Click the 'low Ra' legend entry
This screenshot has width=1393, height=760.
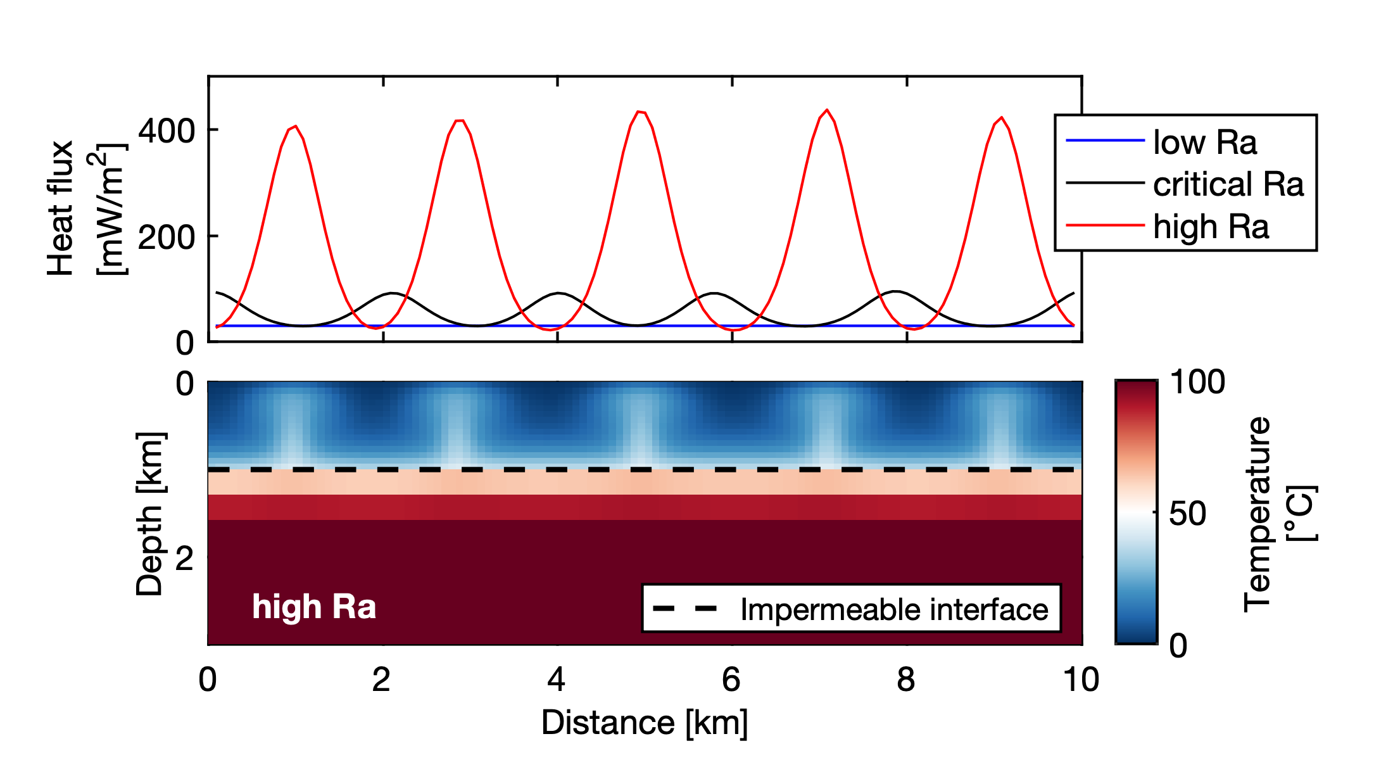pyautogui.click(x=1204, y=142)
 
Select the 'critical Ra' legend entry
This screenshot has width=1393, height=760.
pyautogui.click(x=1228, y=184)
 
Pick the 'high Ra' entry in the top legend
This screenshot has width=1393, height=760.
pyautogui.click(x=1211, y=227)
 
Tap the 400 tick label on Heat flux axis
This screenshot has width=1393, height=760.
pyautogui.click(x=167, y=131)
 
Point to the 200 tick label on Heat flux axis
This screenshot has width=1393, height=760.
pyautogui.click(x=167, y=237)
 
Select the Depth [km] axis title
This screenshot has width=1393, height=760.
pyautogui.click(x=151, y=514)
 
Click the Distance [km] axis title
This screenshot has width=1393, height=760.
pyautogui.click(x=645, y=723)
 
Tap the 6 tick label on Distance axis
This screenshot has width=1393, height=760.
pyautogui.click(x=731, y=680)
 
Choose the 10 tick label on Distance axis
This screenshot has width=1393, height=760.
pyautogui.click(x=1081, y=680)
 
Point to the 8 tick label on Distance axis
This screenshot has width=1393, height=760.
pyautogui.click(x=906, y=680)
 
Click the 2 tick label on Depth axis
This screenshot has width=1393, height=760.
pyautogui.click(x=184, y=559)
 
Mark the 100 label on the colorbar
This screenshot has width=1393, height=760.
pyautogui.click(x=1197, y=382)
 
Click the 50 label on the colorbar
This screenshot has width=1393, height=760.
pyautogui.click(x=1187, y=514)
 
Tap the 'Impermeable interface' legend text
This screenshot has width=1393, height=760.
pyautogui.click(x=894, y=609)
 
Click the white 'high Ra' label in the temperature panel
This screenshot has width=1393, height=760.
pyautogui.click(x=314, y=607)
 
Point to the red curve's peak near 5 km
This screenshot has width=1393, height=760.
pyautogui.click(x=640, y=111)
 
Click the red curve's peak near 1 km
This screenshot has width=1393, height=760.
pyautogui.click(x=295, y=126)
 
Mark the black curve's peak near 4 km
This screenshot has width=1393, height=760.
pyautogui.click(x=558, y=293)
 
